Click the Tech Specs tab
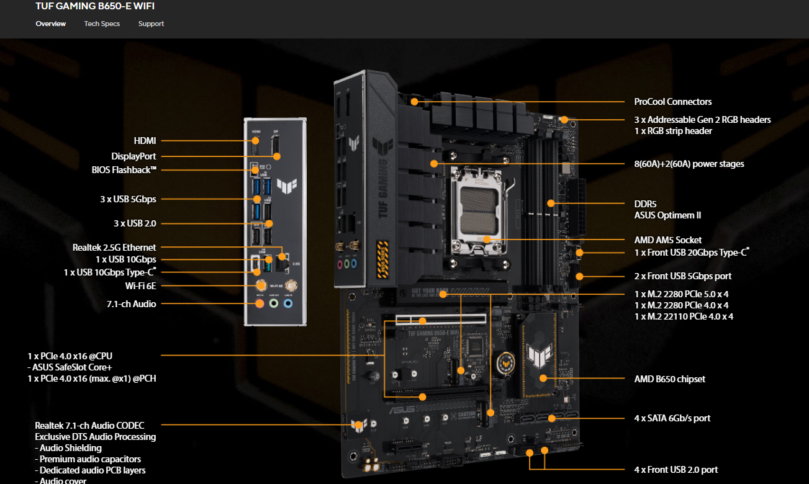(x=102, y=24)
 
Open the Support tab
(x=151, y=24)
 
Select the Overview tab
(x=51, y=24)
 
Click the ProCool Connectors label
(x=672, y=102)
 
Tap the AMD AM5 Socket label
(x=668, y=240)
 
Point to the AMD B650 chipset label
(x=669, y=379)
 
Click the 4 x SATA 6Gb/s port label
(x=672, y=418)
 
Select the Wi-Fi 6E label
(x=140, y=286)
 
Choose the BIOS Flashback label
(x=124, y=169)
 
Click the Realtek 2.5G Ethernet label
(x=114, y=248)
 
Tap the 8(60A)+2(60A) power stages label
(x=689, y=164)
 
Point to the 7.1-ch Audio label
(x=131, y=304)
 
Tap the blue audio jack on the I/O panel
(x=288, y=304)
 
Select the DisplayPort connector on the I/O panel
(x=274, y=147)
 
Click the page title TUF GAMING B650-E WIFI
(x=95, y=6)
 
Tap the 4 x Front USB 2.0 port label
(x=676, y=470)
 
